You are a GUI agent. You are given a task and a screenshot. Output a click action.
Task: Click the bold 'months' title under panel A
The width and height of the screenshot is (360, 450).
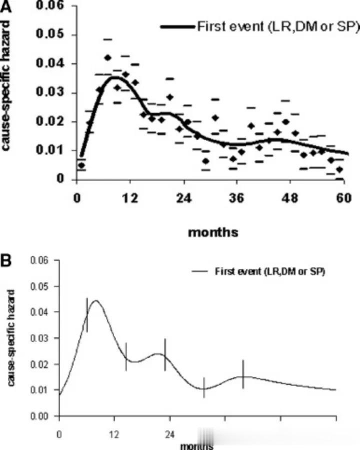click(213, 232)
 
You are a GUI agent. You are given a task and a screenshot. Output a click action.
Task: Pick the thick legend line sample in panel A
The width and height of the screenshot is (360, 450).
click(177, 26)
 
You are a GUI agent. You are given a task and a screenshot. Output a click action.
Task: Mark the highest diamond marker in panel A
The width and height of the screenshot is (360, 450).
click(107, 57)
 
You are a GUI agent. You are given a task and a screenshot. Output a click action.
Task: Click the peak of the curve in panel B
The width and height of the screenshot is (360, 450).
click(95, 300)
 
